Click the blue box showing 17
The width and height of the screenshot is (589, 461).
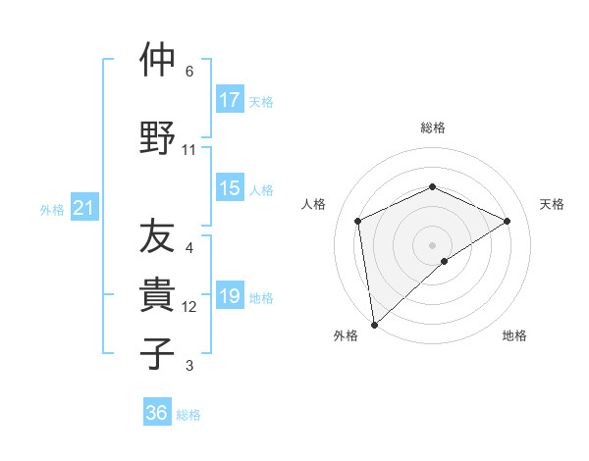pyautogui.click(x=230, y=100)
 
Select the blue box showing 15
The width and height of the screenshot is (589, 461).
pyautogui.click(x=230, y=189)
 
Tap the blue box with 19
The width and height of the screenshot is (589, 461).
pyautogui.click(x=230, y=297)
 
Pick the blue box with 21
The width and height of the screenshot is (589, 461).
pyautogui.click(x=83, y=208)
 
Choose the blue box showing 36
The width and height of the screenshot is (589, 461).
pyautogui.click(x=157, y=413)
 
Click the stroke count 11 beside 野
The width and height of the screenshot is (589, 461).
pyautogui.click(x=189, y=150)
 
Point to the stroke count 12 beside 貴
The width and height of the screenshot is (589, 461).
pyautogui.click(x=189, y=307)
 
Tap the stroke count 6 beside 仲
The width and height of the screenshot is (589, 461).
pyautogui.click(x=189, y=72)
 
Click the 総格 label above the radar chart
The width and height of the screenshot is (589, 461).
pyautogui.click(x=432, y=128)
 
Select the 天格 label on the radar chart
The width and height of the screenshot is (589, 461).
pyautogui.click(x=552, y=204)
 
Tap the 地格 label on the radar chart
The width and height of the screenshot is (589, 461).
pyautogui.click(x=514, y=335)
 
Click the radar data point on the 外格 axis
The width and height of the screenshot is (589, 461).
pyautogui.click(x=373, y=324)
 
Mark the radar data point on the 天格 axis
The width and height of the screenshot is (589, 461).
pyautogui.click(x=507, y=221)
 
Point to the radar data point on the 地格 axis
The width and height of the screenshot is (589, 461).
pyautogui.click(x=445, y=261)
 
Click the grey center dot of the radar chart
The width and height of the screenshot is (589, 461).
pyautogui.click(x=432, y=244)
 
